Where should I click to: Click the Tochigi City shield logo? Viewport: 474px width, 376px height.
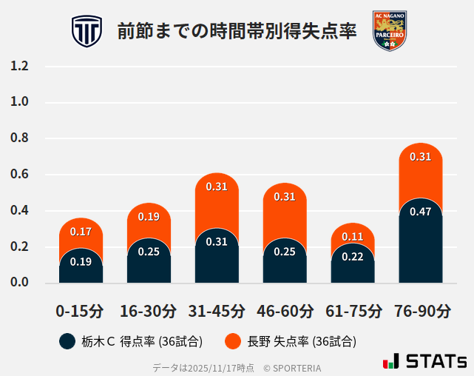tap(87, 31)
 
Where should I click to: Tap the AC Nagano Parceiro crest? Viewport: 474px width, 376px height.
tap(389, 31)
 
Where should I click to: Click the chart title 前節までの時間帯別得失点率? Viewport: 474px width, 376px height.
tap(237, 31)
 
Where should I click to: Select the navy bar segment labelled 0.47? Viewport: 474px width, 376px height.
tap(421, 241)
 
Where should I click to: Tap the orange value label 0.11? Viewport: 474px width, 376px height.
tap(353, 237)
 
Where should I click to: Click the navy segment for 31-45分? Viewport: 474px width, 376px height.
tap(217, 256)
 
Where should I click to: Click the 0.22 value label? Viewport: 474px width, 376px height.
tap(353, 257)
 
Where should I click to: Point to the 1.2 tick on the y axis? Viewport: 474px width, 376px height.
tap(19, 67)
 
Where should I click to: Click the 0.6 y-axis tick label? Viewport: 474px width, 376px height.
tap(19, 175)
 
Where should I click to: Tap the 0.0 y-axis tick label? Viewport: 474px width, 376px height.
tap(19, 283)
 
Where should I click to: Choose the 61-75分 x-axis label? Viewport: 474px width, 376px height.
tap(353, 310)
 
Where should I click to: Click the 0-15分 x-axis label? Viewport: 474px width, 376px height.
tap(81, 310)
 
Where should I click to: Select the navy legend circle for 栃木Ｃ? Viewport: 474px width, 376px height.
tap(67, 341)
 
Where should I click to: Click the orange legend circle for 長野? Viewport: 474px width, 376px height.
tap(234, 341)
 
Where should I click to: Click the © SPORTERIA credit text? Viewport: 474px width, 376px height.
tap(292, 368)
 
